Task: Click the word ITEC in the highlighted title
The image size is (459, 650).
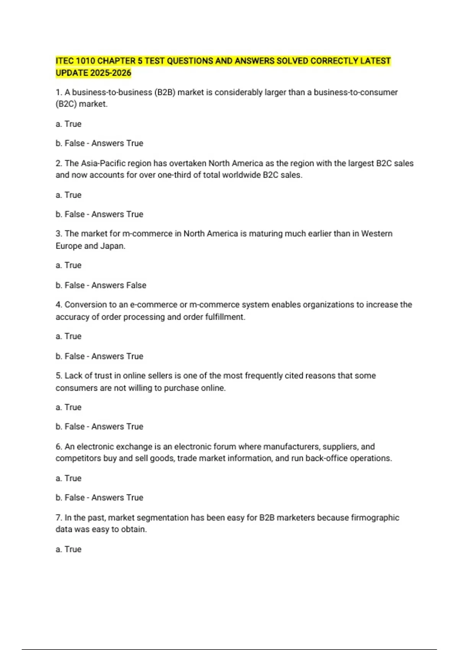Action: click(65, 61)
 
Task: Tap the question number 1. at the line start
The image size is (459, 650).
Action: click(59, 92)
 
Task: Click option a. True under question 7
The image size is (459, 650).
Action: click(68, 549)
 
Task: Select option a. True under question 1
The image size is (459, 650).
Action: click(68, 124)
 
